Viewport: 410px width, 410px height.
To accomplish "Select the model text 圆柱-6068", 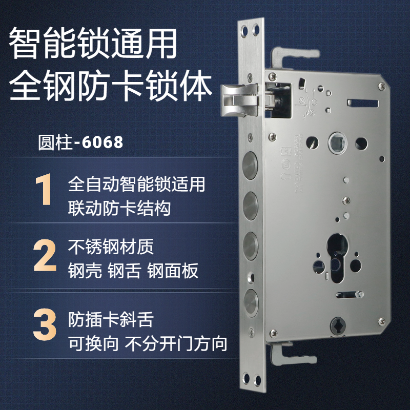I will tap(80, 142).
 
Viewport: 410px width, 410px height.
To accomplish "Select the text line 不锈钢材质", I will tap(111, 248).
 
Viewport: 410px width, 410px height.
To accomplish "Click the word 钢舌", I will tap(124, 272).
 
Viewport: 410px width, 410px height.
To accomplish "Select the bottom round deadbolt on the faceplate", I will tap(249, 299).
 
